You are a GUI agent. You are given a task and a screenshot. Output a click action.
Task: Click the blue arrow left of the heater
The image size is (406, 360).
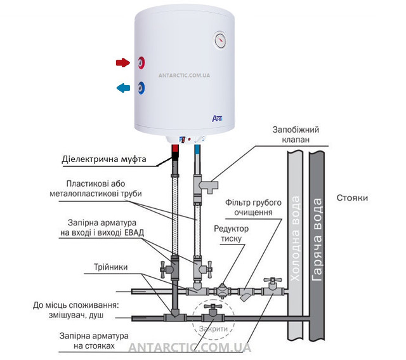[x=122, y=88]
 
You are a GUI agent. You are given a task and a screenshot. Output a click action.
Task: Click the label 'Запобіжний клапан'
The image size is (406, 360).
[x=296, y=135]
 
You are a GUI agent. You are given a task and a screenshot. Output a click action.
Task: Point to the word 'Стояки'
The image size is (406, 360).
[x=352, y=198]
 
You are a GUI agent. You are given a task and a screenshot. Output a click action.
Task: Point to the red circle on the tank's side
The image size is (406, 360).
[x=141, y=63]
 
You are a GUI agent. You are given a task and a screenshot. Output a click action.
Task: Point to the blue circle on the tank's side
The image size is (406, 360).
[x=141, y=88]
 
